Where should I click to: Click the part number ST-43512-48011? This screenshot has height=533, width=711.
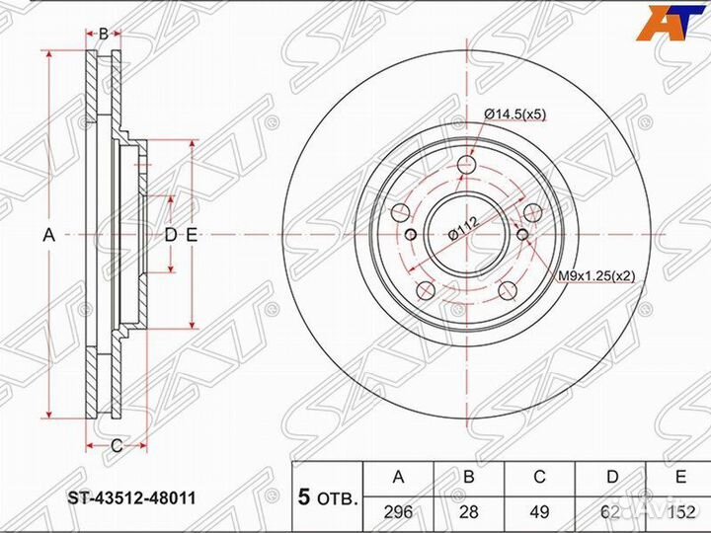tap(132, 498)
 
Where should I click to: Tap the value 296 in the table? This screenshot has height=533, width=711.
tap(398, 512)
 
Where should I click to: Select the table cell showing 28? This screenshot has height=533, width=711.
tap(468, 512)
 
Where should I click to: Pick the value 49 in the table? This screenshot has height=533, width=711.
tap(539, 512)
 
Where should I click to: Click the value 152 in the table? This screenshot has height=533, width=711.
tap(680, 512)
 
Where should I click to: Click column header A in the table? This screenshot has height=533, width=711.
tap(398, 477)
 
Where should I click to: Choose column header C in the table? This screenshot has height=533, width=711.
tap(539, 477)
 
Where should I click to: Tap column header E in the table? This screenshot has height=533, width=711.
tap(680, 477)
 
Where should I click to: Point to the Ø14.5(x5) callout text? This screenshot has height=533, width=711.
tap(515, 115)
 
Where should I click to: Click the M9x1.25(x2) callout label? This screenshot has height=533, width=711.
tap(595, 275)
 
